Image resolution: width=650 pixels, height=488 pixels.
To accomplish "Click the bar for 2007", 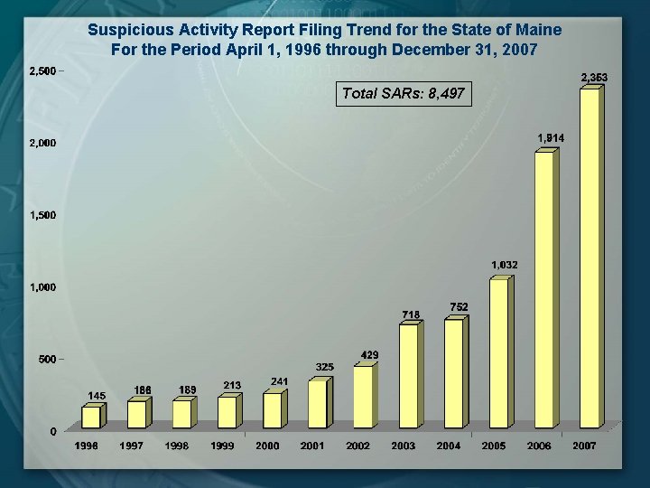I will (x=590, y=258).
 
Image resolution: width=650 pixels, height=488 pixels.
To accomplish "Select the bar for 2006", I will (x=545, y=289).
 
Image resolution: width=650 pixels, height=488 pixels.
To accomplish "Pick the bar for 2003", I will (x=409, y=375).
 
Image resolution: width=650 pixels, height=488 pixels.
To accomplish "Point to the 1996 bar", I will (x=92, y=417).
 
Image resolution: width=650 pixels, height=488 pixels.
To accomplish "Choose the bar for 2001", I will (x=318, y=403).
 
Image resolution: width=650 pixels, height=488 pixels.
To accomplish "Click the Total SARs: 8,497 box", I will (x=404, y=93).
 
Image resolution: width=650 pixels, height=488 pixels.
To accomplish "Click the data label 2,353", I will (x=593, y=78).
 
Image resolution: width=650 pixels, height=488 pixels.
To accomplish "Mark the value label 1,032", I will (x=505, y=265).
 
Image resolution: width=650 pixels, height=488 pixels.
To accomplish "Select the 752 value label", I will (x=459, y=307).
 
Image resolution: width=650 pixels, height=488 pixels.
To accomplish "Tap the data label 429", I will (x=369, y=354).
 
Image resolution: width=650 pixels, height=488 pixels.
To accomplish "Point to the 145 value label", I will (x=97, y=395).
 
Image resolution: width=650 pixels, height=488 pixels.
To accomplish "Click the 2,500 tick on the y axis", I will (x=42, y=70).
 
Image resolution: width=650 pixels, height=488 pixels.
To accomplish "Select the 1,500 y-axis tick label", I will (x=42, y=215).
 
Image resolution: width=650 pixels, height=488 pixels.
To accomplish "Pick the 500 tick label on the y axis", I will (x=47, y=359).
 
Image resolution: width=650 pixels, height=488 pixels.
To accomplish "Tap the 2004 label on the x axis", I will (x=449, y=446).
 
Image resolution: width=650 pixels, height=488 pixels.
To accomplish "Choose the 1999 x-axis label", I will (x=222, y=446).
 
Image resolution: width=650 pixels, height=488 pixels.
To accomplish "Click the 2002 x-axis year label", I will (x=358, y=446).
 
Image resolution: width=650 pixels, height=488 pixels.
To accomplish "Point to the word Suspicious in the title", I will (x=125, y=30).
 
